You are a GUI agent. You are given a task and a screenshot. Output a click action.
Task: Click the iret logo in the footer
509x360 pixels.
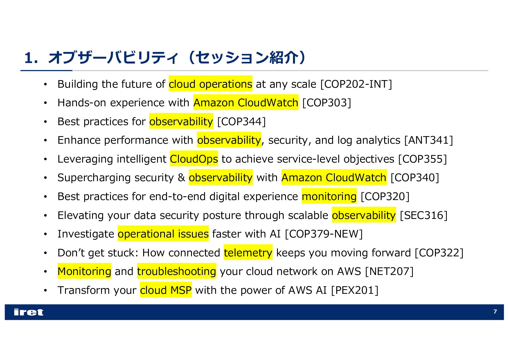pos(28,312)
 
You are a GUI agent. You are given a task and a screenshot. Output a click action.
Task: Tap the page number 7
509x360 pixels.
pos(495,312)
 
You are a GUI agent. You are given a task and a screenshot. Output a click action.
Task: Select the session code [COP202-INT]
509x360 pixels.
pos(356,84)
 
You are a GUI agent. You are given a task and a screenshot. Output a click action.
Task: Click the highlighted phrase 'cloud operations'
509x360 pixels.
pos(211,84)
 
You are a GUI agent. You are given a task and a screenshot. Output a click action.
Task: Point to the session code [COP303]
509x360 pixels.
pos(327,103)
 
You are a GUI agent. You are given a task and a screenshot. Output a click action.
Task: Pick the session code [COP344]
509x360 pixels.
pos(241,122)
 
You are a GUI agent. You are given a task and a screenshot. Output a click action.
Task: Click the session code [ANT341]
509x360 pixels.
pos(429,140)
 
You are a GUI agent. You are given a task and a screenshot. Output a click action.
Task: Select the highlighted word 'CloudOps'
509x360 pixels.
pos(194,159)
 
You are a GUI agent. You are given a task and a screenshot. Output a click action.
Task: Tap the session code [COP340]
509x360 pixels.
pos(415,178)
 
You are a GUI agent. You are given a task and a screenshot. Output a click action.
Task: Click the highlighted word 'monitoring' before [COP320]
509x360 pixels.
pos(329,197)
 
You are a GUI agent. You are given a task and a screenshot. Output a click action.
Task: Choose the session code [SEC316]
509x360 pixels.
pos(424,215)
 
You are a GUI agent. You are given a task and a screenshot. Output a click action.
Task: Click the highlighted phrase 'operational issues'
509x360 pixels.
pos(163,234)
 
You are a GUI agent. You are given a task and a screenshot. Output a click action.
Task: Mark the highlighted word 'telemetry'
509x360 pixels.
pos(248,253)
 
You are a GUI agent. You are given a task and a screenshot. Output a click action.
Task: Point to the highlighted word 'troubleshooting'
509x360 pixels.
pos(177,271)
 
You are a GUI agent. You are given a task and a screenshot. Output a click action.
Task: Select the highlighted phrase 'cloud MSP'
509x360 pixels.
pos(166,290)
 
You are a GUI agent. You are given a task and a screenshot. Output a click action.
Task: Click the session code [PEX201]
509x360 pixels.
pos(355,290)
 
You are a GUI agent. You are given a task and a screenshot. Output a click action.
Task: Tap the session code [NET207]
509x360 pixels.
pos(389,271)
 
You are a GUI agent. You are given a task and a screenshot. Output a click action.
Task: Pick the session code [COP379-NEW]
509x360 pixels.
pos(324,234)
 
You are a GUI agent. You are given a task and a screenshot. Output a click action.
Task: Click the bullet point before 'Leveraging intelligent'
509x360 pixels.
pos(45,159)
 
